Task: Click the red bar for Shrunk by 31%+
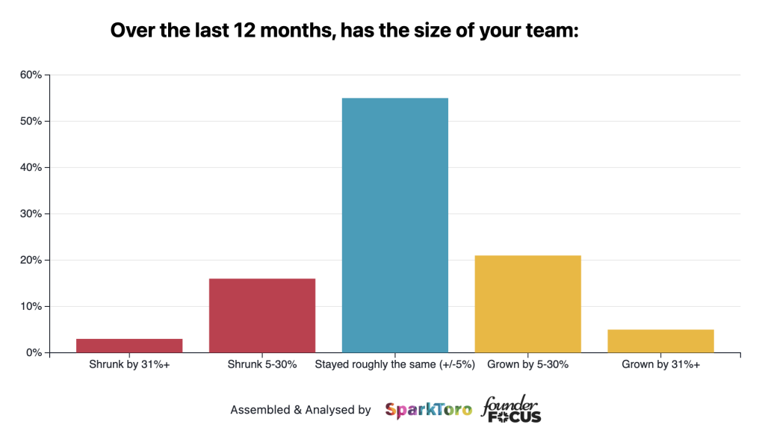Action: pos(129,346)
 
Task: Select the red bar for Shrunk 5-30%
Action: pos(262,315)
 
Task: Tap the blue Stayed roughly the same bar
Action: pos(394,225)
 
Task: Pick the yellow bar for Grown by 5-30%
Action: pos(527,304)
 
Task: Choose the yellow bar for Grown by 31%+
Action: pos(660,340)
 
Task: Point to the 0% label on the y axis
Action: pos(34,352)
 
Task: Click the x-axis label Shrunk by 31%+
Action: pos(129,365)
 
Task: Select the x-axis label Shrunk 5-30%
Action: pos(262,365)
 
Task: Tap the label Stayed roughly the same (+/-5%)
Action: pos(394,365)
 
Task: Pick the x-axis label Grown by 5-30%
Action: pos(527,365)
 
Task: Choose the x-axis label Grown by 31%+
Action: pos(660,365)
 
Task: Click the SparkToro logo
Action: pos(428,410)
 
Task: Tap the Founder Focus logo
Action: pos(511,409)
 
